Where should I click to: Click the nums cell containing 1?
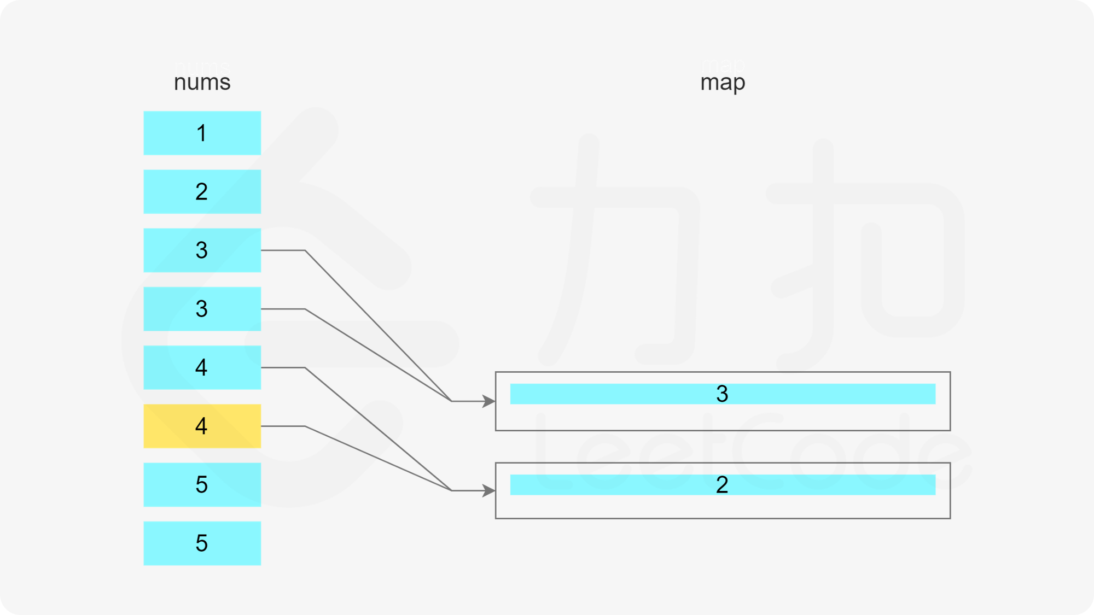tap(202, 133)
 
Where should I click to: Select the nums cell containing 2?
tap(202, 191)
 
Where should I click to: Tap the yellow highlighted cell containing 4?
tap(202, 426)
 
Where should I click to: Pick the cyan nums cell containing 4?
tap(202, 367)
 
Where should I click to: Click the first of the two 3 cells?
tap(202, 250)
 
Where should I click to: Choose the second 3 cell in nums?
tap(202, 309)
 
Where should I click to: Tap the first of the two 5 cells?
tap(202, 484)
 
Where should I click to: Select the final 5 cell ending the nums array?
tap(202, 543)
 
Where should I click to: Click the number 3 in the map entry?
tap(722, 394)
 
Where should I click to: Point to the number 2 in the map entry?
tap(722, 484)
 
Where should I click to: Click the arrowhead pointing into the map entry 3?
tap(488, 401)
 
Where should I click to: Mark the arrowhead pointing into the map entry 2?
tap(488, 490)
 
